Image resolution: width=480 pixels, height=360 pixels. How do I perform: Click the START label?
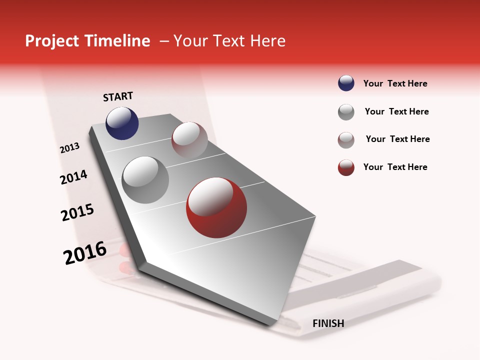pyautogui.click(x=118, y=96)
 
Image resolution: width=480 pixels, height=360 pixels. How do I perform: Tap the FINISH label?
pyautogui.click(x=328, y=323)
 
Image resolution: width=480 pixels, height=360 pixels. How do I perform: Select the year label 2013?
pyautogui.click(x=70, y=148)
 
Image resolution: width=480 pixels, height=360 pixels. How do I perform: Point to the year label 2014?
pyautogui.click(x=73, y=177)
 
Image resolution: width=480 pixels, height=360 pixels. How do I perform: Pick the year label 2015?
pyautogui.click(x=77, y=212)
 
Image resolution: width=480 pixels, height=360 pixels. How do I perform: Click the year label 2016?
pyautogui.click(x=85, y=252)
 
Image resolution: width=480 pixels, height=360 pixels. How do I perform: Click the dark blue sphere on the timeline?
pyautogui.click(x=122, y=123)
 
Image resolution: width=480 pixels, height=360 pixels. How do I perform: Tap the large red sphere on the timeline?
pyautogui.click(x=216, y=207)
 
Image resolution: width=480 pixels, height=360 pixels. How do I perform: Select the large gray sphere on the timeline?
pyautogui.click(x=145, y=180)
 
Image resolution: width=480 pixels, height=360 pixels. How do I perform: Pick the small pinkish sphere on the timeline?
pyautogui.click(x=189, y=140)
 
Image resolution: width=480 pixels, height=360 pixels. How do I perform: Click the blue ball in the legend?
pyautogui.click(x=346, y=83)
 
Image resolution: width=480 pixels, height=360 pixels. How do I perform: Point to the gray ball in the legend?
pyautogui.click(x=346, y=112)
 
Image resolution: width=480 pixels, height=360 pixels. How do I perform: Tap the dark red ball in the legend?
pyautogui.click(x=346, y=167)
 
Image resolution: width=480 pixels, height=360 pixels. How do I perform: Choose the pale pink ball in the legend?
pyautogui.click(x=346, y=140)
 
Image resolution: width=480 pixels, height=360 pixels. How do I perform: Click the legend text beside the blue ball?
pyautogui.click(x=395, y=83)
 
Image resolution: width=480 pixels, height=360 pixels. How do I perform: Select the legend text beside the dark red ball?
pyautogui.click(x=395, y=167)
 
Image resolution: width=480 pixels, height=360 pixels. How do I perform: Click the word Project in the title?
pyautogui.click(x=52, y=41)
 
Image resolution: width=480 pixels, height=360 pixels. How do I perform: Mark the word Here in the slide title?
pyautogui.click(x=267, y=41)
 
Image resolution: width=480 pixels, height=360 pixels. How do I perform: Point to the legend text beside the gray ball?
pyautogui.click(x=396, y=111)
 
